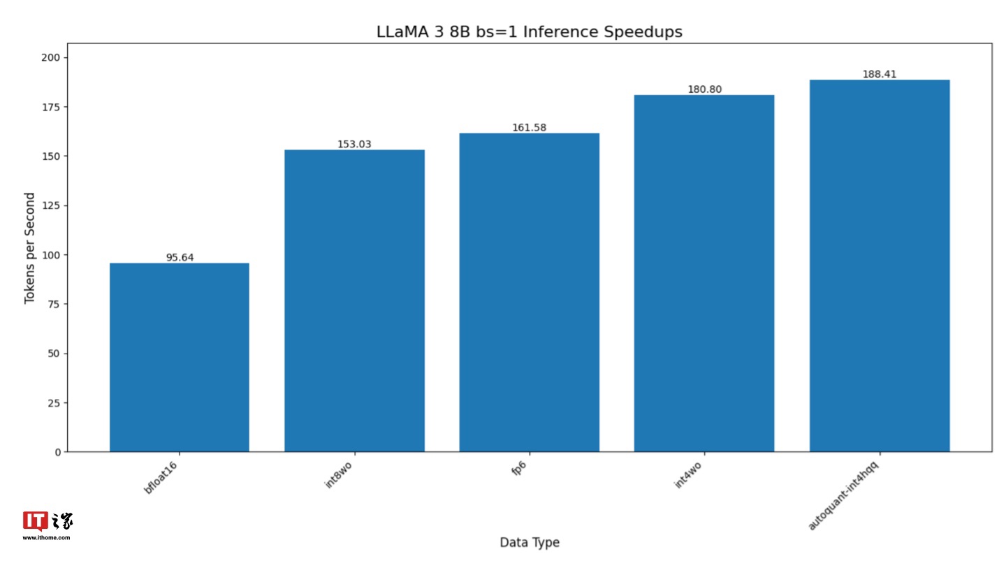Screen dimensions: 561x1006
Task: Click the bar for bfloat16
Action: [180, 357]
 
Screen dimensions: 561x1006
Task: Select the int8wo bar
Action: [354, 300]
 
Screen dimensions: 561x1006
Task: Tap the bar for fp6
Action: [529, 292]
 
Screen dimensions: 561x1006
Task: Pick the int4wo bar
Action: [704, 273]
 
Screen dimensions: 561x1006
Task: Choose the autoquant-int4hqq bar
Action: [879, 265]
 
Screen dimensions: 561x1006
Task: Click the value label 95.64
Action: [180, 257]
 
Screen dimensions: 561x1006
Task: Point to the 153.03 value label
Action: [354, 145]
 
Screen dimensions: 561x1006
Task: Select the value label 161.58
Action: [529, 128]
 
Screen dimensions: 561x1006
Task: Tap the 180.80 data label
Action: [704, 89]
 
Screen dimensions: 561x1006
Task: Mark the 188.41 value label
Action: [879, 74]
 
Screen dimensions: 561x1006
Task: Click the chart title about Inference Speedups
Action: [529, 32]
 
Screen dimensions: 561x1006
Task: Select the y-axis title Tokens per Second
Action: [29, 248]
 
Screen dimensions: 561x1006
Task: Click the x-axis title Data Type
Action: [529, 543]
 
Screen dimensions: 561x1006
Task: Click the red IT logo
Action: [35, 521]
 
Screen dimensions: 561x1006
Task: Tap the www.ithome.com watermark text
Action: [46, 538]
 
